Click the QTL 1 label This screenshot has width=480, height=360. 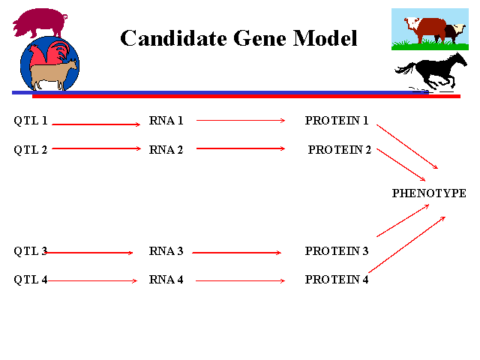coord(31,121)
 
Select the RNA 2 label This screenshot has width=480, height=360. coord(166,149)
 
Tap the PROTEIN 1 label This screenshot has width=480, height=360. coord(337,121)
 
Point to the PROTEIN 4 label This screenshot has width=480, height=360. coord(337,280)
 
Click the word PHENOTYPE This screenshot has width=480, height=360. coord(429,193)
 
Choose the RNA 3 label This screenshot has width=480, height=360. coord(166,251)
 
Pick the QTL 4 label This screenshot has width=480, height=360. coord(31,280)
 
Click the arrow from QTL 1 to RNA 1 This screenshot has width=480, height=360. coord(96,124)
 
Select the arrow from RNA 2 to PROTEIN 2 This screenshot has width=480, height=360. coord(240,148)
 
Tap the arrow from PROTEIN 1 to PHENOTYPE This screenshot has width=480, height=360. coord(406,146)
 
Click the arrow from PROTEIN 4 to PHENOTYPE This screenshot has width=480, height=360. coord(407,244)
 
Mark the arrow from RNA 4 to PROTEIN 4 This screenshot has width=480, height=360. coord(240,280)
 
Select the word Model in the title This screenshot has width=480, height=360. coord(326,38)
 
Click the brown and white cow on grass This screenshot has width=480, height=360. coord(435,30)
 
